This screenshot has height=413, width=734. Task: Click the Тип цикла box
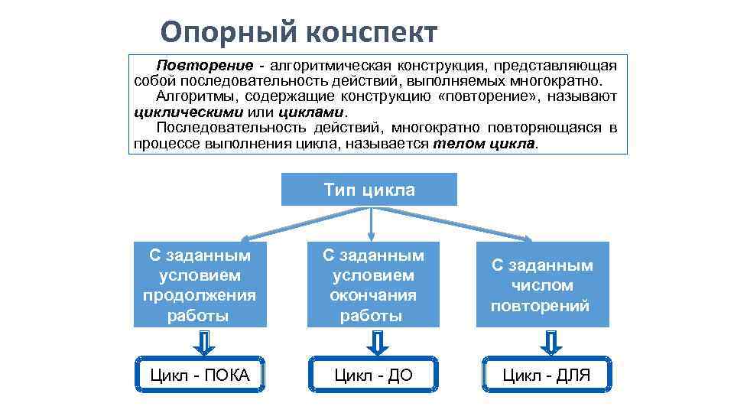(x=369, y=190)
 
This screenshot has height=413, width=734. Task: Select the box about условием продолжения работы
(x=200, y=285)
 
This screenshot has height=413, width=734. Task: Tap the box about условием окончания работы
(x=373, y=285)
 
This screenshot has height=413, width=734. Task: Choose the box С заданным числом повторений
(x=542, y=285)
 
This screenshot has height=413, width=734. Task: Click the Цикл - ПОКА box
(x=200, y=375)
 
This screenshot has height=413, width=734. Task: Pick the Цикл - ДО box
(x=373, y=375)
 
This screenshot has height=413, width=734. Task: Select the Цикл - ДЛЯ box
(x=547, y=375)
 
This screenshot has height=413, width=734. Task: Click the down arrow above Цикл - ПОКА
(x=203, y=342)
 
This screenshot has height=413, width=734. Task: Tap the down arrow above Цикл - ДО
(x=376, y=342)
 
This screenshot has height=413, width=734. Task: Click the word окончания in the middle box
(x=373, y=295)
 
